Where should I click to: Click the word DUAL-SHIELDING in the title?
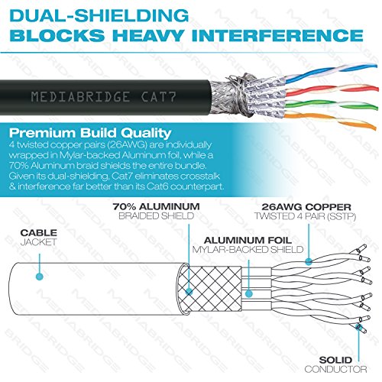point(99,15)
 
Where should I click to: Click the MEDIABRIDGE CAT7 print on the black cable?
point(103,97)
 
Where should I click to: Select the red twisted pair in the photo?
point(332,90)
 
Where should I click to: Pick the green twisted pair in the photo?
point(331,105)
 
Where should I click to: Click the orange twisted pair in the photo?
point(330,120)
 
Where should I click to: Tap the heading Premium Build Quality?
point(90,133)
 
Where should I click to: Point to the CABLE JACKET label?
point(39,237)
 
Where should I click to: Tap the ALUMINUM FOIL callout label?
point(248,244)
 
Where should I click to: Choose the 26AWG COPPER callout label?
point(306,212)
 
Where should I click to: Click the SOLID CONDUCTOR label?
point(335,364)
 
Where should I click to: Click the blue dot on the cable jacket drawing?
point(40,277)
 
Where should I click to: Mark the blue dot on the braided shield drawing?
point(189,291)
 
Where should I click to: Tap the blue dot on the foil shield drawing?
point(249,293)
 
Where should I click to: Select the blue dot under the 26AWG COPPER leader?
point(309,261)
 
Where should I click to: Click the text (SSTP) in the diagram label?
point(342,216)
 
